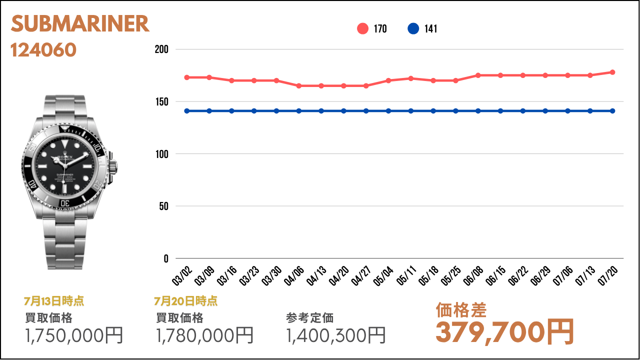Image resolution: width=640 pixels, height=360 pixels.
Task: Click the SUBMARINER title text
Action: point(80,24)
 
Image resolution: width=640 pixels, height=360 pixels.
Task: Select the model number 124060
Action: point(43,49)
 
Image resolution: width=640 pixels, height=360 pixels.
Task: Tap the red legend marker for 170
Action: point(362,28)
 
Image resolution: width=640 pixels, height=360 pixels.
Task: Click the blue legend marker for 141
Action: point(413,28)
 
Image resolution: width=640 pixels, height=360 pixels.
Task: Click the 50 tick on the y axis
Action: point(163,206)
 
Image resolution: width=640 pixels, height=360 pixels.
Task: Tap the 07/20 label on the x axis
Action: point(608,276)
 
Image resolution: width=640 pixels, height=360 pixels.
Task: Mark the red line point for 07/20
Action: point(612,72)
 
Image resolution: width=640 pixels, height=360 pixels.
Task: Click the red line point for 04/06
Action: point(299,85)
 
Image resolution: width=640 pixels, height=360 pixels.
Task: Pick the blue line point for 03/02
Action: point(187,110)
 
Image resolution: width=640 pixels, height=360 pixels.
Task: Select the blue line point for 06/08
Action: point(478,110)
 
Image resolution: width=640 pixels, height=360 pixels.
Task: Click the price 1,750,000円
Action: point(74,335)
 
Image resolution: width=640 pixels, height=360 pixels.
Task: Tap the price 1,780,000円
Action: point(205,335)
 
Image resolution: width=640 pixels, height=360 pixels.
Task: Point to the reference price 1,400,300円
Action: point(336,335)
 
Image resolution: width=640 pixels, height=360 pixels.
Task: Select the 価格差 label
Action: point(461,310)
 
